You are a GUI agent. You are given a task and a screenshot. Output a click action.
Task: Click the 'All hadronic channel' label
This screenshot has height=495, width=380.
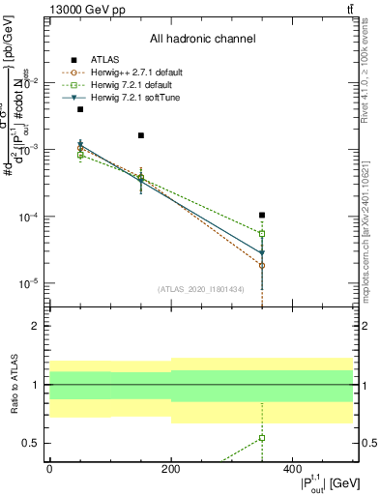(x=202, y=40)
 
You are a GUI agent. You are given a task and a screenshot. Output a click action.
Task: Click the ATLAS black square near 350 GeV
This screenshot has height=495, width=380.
(x=262, y=215)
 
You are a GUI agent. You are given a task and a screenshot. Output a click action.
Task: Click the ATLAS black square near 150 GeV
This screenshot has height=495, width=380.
(x=141, y=135)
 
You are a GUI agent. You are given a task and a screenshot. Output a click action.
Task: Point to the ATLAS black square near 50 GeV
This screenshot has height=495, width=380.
(x=80, y=109)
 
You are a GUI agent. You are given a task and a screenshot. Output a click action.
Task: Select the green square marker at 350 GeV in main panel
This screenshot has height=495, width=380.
(x=262, y=234)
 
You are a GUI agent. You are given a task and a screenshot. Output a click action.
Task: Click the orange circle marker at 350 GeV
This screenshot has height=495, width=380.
(x=262, y=265)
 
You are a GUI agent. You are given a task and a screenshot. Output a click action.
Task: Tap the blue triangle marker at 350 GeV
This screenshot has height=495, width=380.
(x=262, y=254)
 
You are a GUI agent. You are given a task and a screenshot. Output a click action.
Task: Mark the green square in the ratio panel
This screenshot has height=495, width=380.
(x=262, y=438)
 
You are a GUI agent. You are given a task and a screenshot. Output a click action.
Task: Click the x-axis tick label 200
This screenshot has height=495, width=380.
(x=170, y=468)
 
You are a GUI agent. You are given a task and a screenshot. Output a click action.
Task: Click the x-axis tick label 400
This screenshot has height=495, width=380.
(x=292, y=468)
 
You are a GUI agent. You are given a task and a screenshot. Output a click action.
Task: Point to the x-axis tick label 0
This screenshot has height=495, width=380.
(x=49, y=468)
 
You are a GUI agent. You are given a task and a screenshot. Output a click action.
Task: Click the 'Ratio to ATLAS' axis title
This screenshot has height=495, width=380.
(x=15, y=385)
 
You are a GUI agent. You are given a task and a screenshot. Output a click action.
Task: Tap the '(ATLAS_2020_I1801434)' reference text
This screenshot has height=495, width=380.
(x=201, y=289)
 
